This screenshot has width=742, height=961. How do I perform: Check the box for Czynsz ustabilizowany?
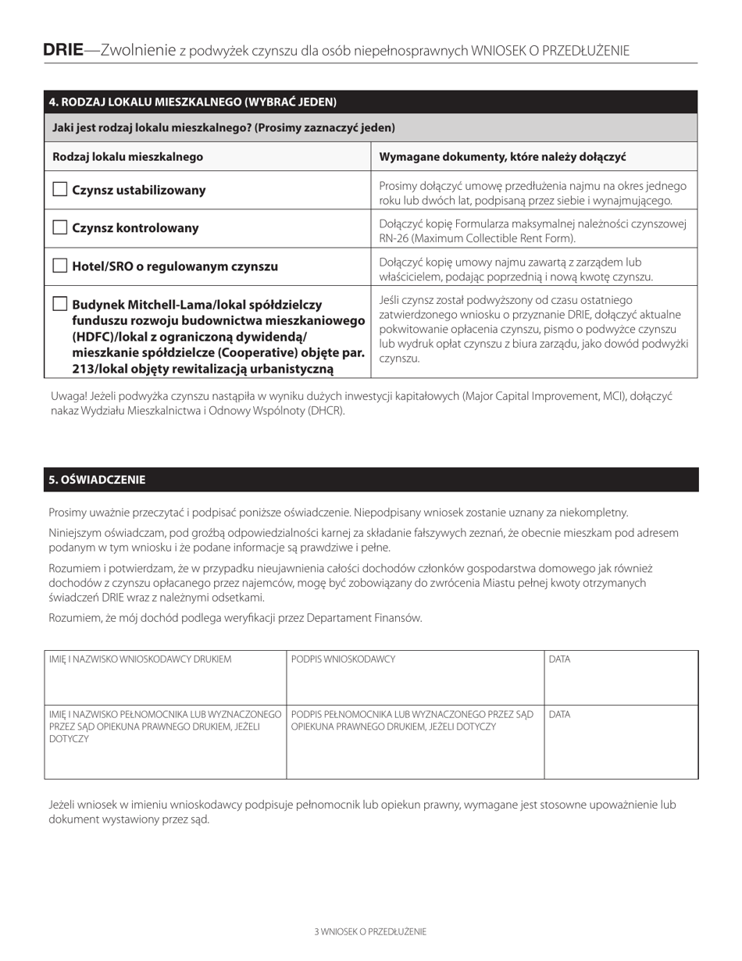coord(60,190)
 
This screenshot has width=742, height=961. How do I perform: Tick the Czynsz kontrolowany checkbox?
coord(60,228)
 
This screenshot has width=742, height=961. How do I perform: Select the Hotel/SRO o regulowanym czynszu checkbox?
coord(60,266)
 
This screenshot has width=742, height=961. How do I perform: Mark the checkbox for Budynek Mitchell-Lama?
coord(60,304)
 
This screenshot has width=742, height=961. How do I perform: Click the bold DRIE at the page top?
coord(63,51)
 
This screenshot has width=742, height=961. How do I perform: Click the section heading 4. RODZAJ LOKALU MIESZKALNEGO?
coord(193,102)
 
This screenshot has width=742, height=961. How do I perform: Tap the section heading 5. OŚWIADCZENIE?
coord(97,480)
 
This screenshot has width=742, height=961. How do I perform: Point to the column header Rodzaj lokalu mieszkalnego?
coord(127,157)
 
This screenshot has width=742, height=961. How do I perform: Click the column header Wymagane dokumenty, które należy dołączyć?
coord(502,157)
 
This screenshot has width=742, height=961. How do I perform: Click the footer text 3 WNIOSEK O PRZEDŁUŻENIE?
coord(370,931)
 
